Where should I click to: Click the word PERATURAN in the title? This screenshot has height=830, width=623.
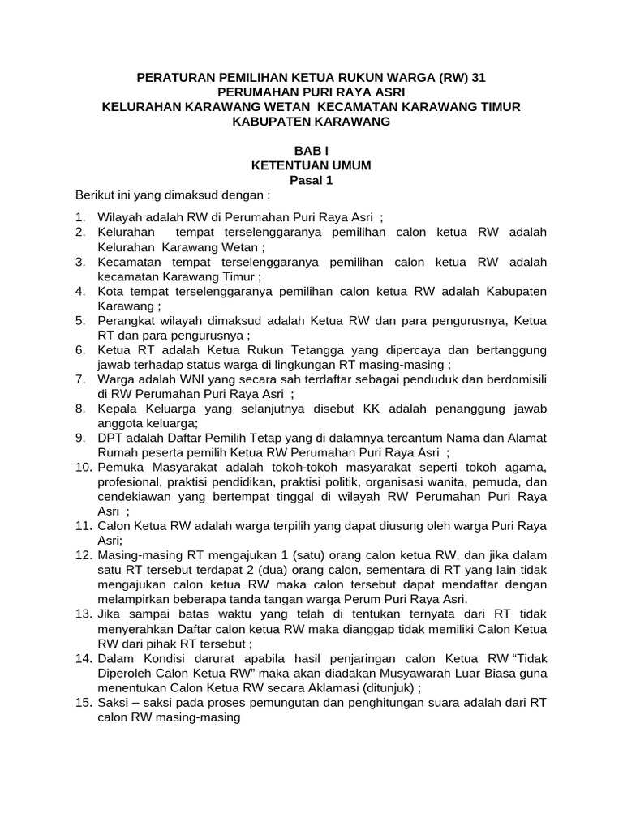(x=174, y=78)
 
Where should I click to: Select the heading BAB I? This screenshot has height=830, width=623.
(x=311, y=151)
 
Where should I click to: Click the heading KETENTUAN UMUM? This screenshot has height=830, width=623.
(x=311, y=165)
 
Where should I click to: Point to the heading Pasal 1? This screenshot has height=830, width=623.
(x=311, y=181)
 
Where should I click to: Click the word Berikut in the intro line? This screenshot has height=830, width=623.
(x=96, y=196)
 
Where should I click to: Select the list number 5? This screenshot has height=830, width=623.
(x=80, y=320)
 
